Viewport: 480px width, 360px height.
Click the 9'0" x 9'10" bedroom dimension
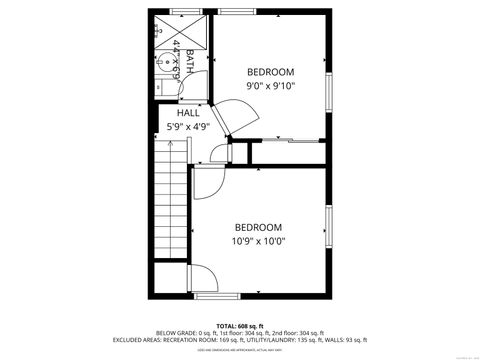coord(271,86)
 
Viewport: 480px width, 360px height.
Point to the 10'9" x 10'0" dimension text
coord(258,241)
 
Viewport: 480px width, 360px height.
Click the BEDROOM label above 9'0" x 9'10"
coord(271,72)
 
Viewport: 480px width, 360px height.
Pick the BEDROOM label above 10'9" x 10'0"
coord(258,227)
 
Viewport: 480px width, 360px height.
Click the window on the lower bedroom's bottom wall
coord(217,296)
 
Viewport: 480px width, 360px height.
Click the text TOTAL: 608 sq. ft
coord(240,325)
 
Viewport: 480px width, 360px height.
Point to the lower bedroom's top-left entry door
coord(206,179)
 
